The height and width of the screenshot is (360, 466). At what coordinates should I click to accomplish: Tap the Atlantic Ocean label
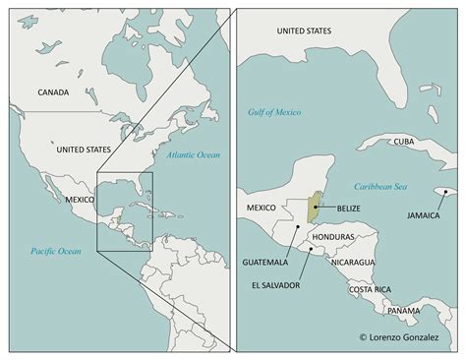193,155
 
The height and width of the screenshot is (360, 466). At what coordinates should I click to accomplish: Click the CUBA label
404,142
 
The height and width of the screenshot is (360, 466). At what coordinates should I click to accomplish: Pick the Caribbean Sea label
382,185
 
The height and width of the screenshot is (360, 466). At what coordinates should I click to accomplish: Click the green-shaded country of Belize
314,208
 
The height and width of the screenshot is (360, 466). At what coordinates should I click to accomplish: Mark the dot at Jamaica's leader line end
444,192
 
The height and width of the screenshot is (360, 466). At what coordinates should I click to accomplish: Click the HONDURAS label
331,238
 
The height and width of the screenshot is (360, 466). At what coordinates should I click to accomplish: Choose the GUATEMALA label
265,263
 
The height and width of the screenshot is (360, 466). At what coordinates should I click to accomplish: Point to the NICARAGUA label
352,263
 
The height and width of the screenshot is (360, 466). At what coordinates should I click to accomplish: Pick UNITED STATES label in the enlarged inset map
305,30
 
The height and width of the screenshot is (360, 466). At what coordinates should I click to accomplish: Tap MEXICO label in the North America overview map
80,199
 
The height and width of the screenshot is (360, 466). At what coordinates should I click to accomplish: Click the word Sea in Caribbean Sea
405,185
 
